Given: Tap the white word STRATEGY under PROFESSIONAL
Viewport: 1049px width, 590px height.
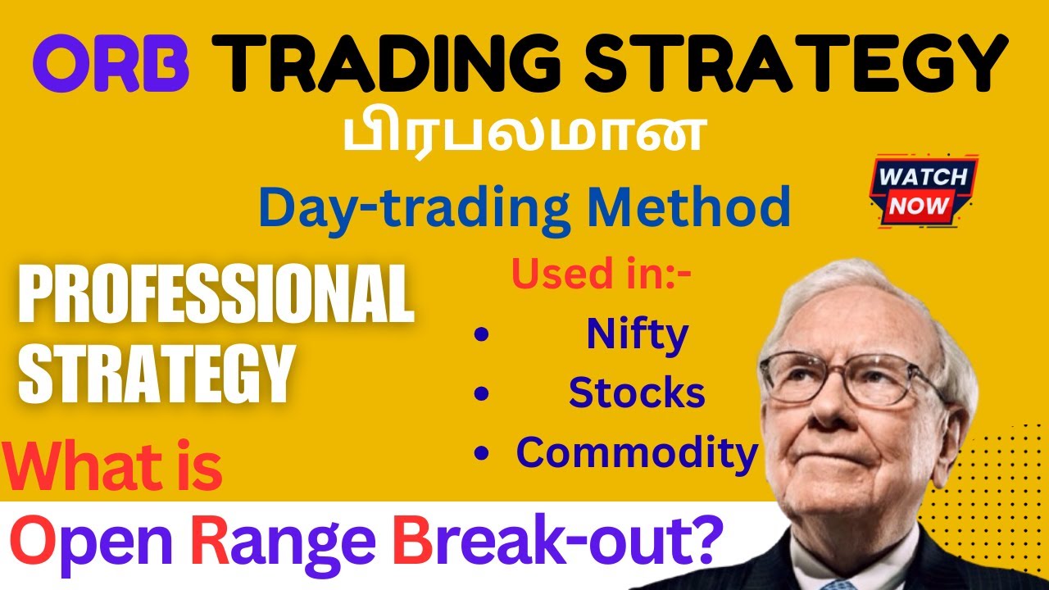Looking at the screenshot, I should pyautogui.click(x=156, y=373).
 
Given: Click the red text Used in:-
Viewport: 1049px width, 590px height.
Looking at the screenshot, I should pyautogui.click(x=601, y=275).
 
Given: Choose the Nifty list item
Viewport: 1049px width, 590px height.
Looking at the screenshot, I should pyautogui.click(x=637, y=334).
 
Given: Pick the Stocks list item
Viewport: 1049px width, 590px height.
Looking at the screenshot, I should pyautogui.click(x=637, y=393).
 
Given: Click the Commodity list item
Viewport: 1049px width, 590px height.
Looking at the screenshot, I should pyautogui.click(x=637, y=452).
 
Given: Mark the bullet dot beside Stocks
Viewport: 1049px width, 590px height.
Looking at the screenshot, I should pyautogui.click(x=482, y=394).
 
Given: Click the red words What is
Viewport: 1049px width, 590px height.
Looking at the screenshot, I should pyautogui.click(x=115, y=467).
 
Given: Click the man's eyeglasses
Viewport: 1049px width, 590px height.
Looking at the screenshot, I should pyautogui.click(x=852, y=377).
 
